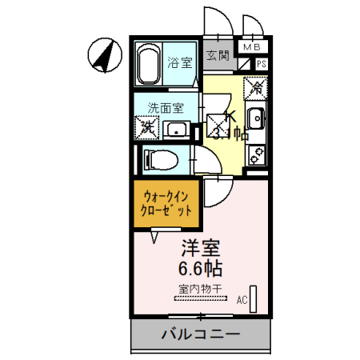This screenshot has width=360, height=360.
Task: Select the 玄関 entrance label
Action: [218, 56]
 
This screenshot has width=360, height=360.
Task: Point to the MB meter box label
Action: [253, 48]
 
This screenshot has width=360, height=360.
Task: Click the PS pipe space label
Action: [261, 65]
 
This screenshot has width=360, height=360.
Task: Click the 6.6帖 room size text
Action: [195, 266]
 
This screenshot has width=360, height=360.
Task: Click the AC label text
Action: [241, 300]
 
